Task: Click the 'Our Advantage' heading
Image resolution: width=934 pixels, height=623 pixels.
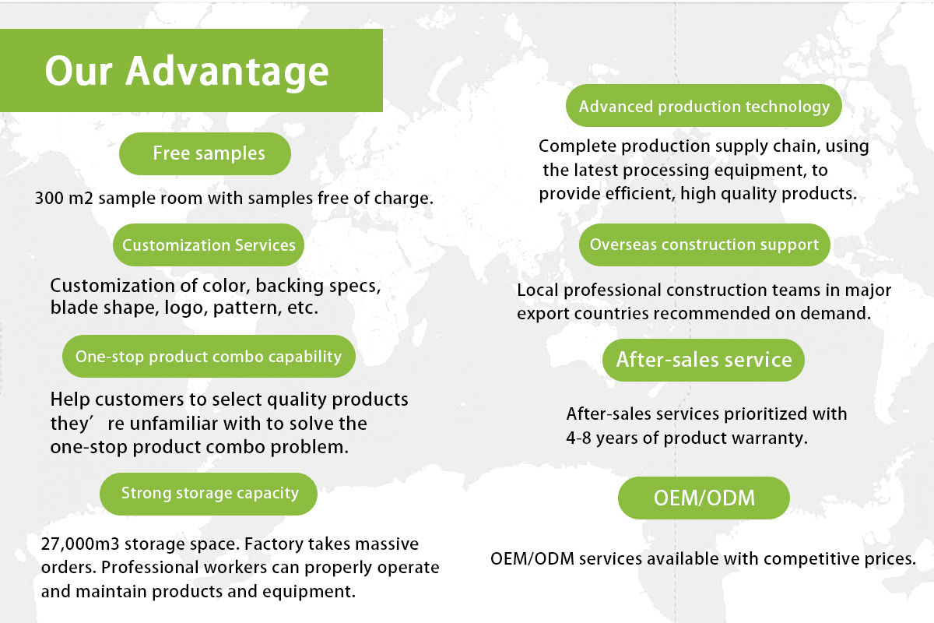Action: tap(187, 72)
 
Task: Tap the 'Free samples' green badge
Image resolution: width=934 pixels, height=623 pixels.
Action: tap(205, 153)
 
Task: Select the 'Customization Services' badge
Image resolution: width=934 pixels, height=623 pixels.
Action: tap(209, 245)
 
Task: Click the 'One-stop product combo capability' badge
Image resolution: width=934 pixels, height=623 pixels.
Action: tap(209, 357)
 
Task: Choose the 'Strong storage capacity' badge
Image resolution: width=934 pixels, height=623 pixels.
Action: tap(209, 494)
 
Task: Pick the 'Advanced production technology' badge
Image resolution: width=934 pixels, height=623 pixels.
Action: tap(704, 106)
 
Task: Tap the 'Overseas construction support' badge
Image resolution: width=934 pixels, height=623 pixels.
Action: tap(704, 245)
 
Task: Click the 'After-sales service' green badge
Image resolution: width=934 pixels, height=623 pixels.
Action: tap(704, 360)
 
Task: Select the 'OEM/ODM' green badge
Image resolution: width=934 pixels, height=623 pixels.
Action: tap(704, 498)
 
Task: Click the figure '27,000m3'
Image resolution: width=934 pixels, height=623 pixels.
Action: tap(80, 544)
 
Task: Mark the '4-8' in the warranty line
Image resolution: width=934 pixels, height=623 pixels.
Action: tap(578, 438)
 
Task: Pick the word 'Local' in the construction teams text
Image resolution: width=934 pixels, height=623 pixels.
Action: tap(538, 290)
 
